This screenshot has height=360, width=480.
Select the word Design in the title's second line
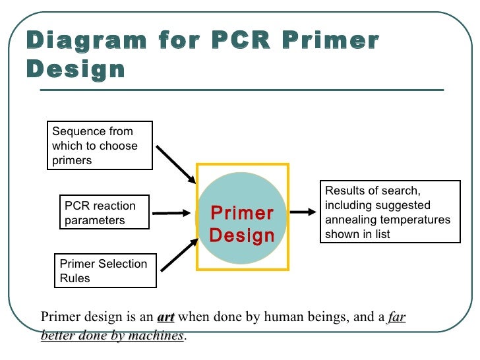(76, 69)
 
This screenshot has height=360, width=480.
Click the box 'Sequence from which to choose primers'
(100, 146)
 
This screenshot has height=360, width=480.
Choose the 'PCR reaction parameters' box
(104, 213)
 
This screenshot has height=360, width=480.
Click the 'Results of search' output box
(388, 212)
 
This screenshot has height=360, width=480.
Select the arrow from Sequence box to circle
(176, 164)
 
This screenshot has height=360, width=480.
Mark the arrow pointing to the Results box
(303, 212)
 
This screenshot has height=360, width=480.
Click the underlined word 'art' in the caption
(165, 318)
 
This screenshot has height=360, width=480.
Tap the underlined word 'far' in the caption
(396, 318)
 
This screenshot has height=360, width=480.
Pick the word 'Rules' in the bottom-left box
(75, 278)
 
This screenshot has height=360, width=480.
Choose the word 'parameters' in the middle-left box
(95, 220)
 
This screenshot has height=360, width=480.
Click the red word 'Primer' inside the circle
(242, 214)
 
